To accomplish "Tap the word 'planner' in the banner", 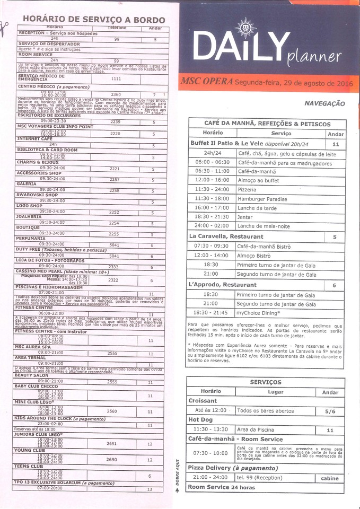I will point(314,57).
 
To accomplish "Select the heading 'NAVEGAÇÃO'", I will point(324,104).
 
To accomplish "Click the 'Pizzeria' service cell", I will point(248,189).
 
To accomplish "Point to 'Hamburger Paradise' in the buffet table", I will point(262,199).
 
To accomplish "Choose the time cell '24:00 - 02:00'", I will point(212,226).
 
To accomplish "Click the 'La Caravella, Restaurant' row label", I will point(226,236).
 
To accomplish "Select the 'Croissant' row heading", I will point(203,401).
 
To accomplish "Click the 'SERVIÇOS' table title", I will point(266,382).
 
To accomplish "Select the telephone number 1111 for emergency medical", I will point(116,78).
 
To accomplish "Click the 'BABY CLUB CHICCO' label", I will point(37,386).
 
